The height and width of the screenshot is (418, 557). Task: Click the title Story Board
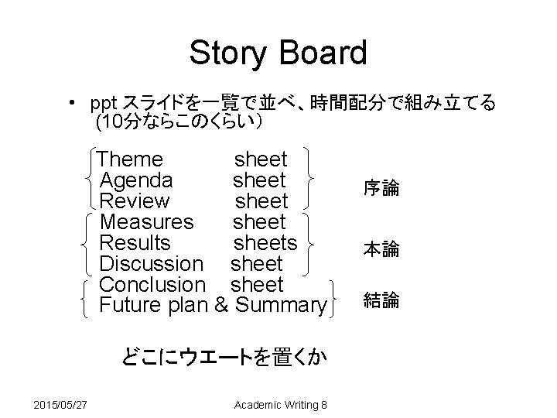278,53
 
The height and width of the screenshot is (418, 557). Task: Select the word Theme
132,160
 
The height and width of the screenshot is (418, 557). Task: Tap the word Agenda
137,181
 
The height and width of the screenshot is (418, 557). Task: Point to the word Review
135,202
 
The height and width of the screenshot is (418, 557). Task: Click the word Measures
147,223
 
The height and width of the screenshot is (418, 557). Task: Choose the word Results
135,244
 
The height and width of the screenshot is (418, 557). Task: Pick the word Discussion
152,265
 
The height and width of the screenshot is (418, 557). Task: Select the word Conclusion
153,286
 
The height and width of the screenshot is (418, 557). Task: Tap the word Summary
281,307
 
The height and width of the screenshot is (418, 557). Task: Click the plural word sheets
265,244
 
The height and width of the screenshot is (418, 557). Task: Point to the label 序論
381,188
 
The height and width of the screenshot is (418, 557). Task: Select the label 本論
381,249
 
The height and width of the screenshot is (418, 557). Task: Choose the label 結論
381,300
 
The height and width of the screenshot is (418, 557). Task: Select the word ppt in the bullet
103,103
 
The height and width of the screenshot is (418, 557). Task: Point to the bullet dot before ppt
71,103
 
